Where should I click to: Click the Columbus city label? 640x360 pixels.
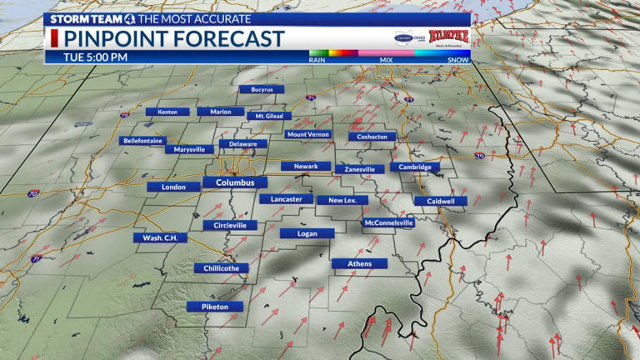point(235,182)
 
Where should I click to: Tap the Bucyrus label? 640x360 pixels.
point(262,89)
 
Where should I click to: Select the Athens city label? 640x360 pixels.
point(359,264)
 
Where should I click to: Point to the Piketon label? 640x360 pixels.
point(214,307)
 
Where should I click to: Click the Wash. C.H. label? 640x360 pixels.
point(161,237)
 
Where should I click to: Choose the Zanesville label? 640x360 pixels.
point(360,169)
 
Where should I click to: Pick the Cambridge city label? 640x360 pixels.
point(414,167)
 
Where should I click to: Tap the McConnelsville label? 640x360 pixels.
point(389,223)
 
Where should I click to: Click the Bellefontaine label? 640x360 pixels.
point(143,141)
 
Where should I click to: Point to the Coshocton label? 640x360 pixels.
point(372,137)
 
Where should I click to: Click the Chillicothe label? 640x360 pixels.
point(221,268)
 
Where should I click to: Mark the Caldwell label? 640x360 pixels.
point(441,201)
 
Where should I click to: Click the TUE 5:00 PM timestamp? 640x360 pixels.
point(96,57)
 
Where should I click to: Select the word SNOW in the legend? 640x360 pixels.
point(457,60)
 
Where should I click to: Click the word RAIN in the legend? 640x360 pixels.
point(317,60)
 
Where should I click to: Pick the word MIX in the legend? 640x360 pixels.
point(387,60)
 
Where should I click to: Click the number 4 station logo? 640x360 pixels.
point(130,18)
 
